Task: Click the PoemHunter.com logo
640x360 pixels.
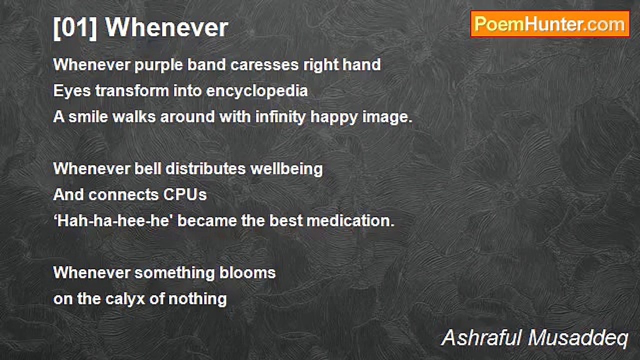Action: [550, 24]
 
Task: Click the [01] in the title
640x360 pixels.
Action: [75, 28]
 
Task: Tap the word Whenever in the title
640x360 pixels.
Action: [167, 27]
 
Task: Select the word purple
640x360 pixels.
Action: [158, 65]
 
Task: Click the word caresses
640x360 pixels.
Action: [264, 64]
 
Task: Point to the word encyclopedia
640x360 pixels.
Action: [257, 91]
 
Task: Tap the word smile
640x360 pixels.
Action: [88, 117]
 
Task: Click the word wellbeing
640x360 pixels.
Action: [286, 169]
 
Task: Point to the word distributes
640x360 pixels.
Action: [205, 169]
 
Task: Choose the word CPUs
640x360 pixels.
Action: [185, 195]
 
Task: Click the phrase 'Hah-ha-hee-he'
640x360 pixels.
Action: [113, 221]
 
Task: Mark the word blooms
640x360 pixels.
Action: [247, 273]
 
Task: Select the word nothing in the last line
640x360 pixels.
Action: [197, 299]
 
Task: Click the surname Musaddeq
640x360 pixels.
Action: [578, 338]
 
